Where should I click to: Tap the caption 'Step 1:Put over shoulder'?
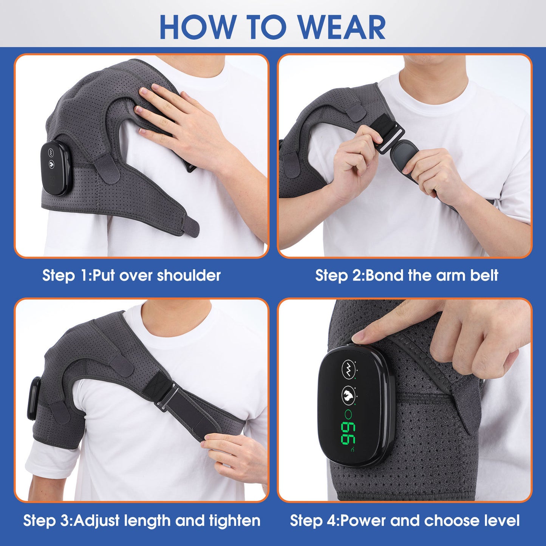coord(131,275)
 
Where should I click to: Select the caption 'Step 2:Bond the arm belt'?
coord(407,275)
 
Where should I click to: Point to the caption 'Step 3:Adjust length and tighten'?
coord(142,520)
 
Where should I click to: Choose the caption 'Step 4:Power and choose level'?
coord(405,520)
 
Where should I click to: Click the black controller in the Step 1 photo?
coord(55,168)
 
